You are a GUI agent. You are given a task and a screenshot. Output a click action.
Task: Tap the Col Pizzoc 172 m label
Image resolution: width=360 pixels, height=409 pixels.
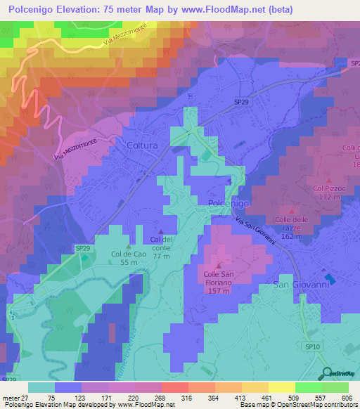click(x=328, y=193)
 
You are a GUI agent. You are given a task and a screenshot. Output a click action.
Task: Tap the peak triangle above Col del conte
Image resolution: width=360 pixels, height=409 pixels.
click(x=162, y=233)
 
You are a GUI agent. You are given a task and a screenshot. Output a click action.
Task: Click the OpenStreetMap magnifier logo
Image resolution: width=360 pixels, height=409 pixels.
click(x=325, y=373)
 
